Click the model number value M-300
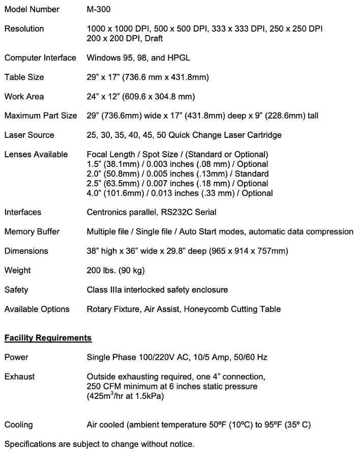pyautogui.click(x=98, y=9)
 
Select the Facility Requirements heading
pyautogui.click(x=48, y=338)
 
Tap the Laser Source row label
pyautogui.click(x=29, y=135)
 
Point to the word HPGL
pyautogui.click(x=179, y=58)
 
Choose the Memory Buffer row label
pyautogui.click(x=32, y=232)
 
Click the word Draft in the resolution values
pyautogui.click(x=152, y=38)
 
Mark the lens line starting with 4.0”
pyautogui.click(x=179, y=193)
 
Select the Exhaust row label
pyautogui.click(x=20, y=377)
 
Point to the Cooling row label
pyautogui.click(x=18, y=425)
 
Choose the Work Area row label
pyautogui.click(x=24, y=97)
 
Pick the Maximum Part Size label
pyautogui.click(x=41, y=116)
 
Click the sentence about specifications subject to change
pyautogui.click(x=99, y=444)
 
